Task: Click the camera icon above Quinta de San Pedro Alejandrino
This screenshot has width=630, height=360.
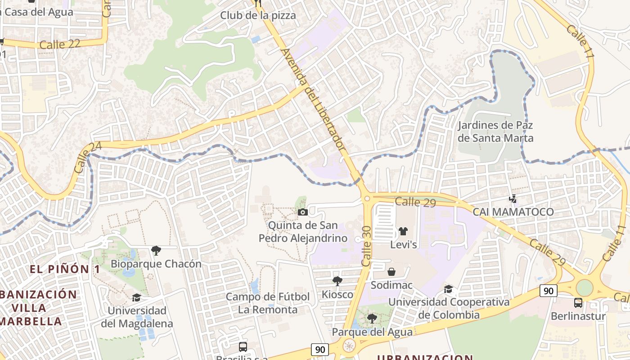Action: tap(303, 212)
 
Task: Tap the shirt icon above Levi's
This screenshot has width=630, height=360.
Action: tap(403, 231)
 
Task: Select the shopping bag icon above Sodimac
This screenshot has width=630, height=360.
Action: tap(391, 272)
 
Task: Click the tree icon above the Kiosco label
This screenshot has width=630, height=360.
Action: tap(337, 281)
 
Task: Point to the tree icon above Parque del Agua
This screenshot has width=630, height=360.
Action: tap(372, 319)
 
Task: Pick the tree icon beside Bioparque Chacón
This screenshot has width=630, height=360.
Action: tap(156, 251)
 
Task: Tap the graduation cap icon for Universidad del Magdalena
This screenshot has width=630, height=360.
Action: tap(136, 297)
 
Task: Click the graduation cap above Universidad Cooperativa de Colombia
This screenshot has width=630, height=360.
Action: tap(448, 289)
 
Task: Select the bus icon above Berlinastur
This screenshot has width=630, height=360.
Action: tap(578, 303)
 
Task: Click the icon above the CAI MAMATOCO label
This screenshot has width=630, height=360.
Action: tap(513, 198)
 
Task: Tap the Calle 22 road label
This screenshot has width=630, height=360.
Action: tap(60, 44)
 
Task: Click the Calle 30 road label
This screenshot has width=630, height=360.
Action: tap(366, 247)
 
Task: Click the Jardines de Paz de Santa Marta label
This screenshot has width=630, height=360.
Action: tap(495, 131)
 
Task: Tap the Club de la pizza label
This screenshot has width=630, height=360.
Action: tap(258, 15)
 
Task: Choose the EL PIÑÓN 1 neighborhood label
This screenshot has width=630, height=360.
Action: tap(65, 269)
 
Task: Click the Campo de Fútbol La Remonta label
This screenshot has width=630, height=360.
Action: tap(268, 303)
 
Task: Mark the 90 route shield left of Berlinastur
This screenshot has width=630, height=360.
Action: tap(549, 291)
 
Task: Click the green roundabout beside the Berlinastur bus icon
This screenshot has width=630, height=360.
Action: tap(584, 288)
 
